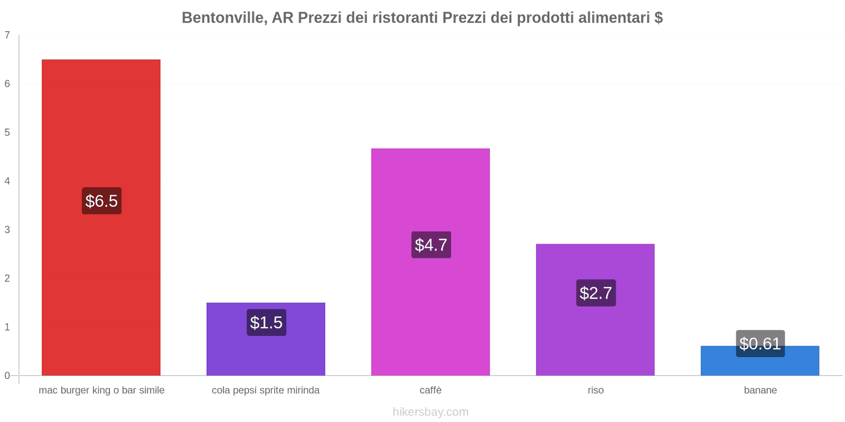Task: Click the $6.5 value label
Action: click(101, 201)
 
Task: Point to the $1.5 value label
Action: click(266, 322)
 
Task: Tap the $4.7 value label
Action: click(431, 245)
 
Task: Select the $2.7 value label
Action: click(596, 293)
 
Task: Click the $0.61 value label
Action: click(760, 343)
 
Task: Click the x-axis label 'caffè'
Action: click(430, 390)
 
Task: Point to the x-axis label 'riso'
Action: click(595, 390)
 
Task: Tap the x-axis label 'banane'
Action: click(760, 390)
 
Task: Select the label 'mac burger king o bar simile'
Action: click(101, 390)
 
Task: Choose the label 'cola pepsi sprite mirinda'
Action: click(266, 390)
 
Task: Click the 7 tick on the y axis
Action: click(7, 35)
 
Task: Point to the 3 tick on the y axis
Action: click(7, 229)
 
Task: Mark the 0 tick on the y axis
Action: click(7, 376)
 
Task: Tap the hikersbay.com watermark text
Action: click(430, 412)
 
